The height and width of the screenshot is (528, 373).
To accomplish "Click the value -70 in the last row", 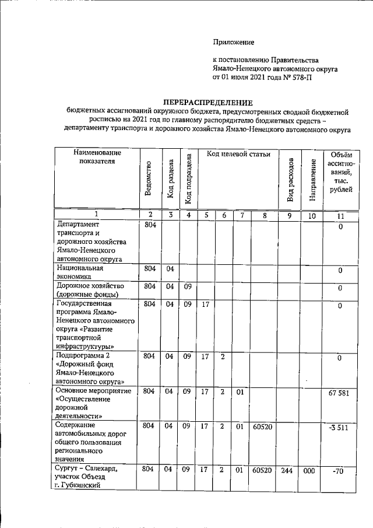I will [339, 471].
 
